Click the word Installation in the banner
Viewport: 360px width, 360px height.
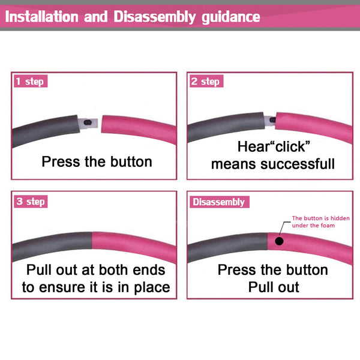click(x=42, y=17)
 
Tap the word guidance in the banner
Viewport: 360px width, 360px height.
click(x=231, y=17)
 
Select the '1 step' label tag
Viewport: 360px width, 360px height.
click(x=31, y=81)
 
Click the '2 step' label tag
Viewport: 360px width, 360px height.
click(x=206, y=81)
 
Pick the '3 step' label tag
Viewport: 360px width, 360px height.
click(x=31, y=202)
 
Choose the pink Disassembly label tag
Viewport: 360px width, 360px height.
click(x=220, y=202)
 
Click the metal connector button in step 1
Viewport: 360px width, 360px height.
click(x=88, y=122)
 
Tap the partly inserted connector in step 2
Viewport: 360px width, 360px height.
click(x=270, y=121)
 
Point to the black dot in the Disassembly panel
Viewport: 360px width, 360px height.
click(x=279, y=241)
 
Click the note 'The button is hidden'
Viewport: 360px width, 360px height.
click(x=321, y=218)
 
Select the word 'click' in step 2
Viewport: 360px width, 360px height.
click(x=290, y=147)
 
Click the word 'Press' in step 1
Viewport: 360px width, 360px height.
click(x=61, y=161)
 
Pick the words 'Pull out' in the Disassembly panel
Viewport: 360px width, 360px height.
click(x=274, y=287)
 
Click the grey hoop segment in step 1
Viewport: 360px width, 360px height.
click(x=45, y=130)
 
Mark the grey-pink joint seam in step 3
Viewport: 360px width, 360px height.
click(x=92, y=241)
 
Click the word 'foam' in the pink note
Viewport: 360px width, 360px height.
click(x=328, y=226)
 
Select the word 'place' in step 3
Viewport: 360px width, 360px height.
click(x=152, y=288)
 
